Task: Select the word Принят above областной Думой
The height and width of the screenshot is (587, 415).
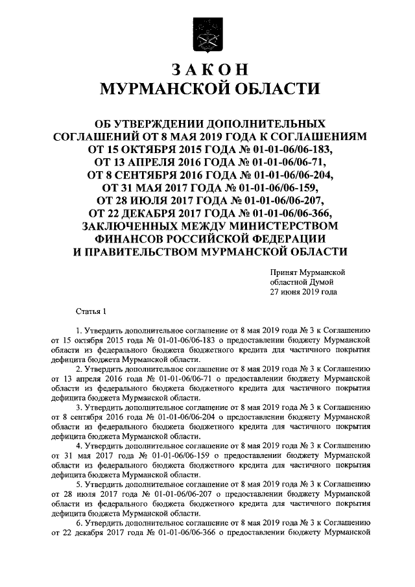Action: [285, 272]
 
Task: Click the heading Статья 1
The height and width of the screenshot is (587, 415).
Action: [90, 312]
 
